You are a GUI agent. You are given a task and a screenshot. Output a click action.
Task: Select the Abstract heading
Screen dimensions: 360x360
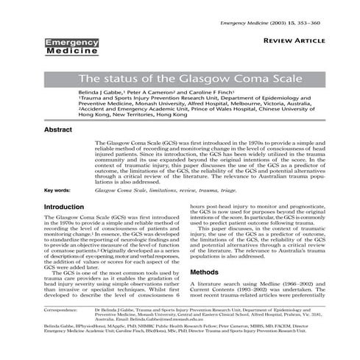pyautogui.click(x=59, y=129)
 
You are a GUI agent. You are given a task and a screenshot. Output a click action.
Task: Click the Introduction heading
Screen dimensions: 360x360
pyautogui.click(x=64, y=208)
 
